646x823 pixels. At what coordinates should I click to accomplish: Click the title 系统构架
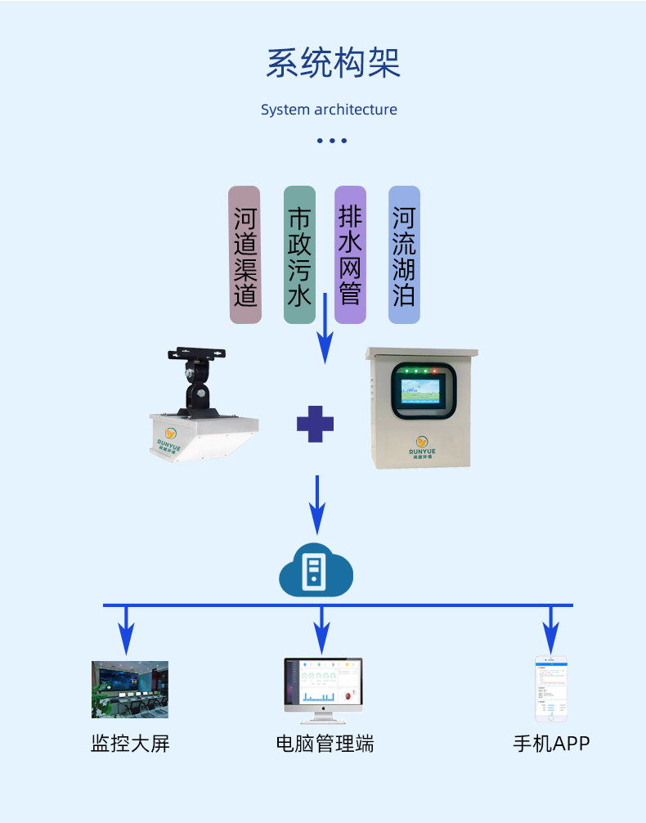coord(333,63)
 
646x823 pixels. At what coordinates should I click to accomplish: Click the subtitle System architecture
coord(329,110)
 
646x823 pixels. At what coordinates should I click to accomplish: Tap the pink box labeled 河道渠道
coord(244,254)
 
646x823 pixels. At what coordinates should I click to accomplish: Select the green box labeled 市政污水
coord(299,254)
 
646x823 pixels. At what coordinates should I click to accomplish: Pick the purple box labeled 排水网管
coord(350,254)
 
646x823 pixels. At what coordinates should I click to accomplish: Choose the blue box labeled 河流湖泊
coord(404,254)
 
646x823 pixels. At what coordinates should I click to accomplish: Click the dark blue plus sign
coord(315,424)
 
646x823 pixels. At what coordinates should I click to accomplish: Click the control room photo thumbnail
coord(129,690)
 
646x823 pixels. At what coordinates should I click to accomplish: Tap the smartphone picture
coord(551,688)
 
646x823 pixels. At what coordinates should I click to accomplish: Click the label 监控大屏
coord(129,744)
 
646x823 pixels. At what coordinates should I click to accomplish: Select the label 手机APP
coord(550,744)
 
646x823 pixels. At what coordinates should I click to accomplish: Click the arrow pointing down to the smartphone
coord(551,627)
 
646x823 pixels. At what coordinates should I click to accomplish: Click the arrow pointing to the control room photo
coord(126,627)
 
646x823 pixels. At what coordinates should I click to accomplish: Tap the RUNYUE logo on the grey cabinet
coord(421,443)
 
